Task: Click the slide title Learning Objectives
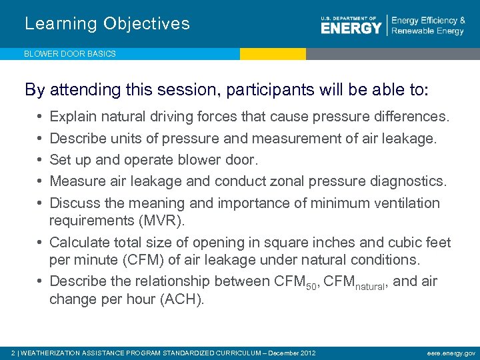tap(107, 24)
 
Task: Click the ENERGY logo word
tap(351, 28)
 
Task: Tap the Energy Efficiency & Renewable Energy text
tap(428, 26)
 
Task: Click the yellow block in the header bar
tap(273, 54)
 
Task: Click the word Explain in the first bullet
tap(72, 117)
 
